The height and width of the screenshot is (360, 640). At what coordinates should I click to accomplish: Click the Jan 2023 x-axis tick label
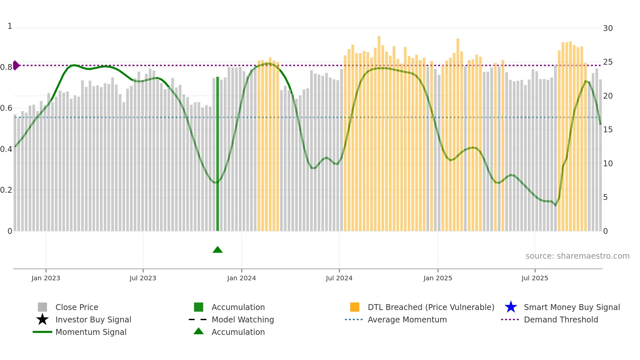point(46,278)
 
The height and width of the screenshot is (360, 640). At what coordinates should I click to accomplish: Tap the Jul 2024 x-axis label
point(339,278)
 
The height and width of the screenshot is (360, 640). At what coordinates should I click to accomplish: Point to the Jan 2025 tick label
point(438,278)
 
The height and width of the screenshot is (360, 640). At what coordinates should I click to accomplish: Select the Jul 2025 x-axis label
point(535,278)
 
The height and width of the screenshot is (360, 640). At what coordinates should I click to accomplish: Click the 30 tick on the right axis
point(608,28)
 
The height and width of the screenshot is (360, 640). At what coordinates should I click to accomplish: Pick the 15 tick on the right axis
point(608,130)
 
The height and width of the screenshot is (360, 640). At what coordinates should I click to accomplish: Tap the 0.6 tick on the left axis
point(6,108)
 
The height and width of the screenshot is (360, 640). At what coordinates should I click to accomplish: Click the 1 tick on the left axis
point(10,26)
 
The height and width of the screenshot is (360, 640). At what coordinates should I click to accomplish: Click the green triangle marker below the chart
point(217,250)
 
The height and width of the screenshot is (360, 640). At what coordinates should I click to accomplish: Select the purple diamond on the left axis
point(16,65)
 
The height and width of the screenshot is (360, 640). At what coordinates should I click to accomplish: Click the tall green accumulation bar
point(217,154)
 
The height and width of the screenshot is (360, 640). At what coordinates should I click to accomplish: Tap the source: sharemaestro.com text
point(577,256)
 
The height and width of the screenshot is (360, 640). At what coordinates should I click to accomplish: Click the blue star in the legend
point(511,307)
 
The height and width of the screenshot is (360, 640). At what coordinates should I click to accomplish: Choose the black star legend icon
point(42,319)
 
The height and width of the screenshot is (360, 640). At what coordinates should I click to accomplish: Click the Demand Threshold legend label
point(561,319)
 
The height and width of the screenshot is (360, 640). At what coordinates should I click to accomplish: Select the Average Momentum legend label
point(407,319)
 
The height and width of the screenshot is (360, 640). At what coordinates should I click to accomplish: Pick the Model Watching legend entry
point(243,319)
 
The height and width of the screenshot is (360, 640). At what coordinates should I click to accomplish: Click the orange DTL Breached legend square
point(355,307)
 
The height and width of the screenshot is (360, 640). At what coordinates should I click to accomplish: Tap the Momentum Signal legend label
point(91,332)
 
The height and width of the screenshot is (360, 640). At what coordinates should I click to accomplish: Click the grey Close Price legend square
point(42,307)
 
